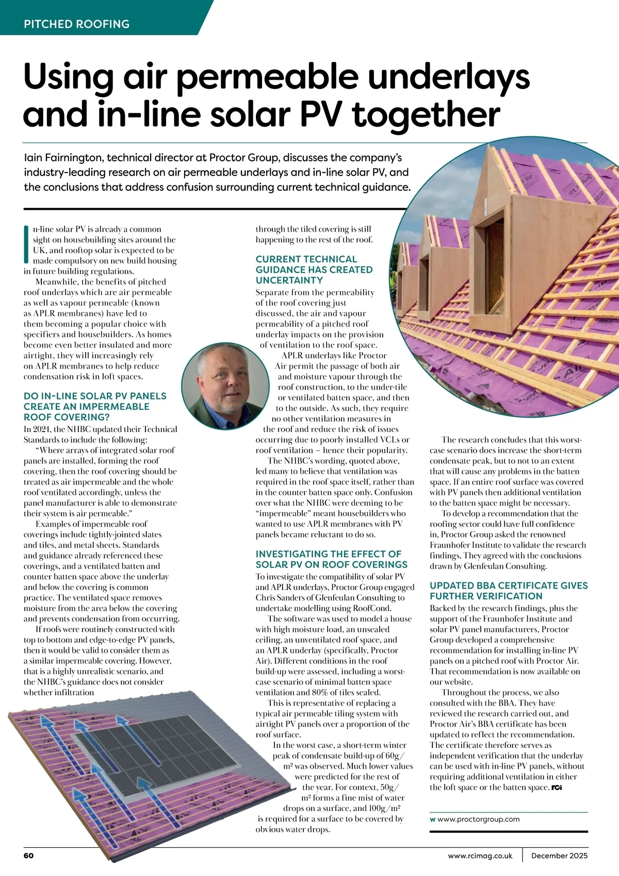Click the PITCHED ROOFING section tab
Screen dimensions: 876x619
[x=76, y=24]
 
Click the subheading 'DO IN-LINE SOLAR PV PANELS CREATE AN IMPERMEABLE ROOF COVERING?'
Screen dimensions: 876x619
[x=95, y=406]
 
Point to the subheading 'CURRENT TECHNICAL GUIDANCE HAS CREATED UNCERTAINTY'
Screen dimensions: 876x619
[x=314, y=269]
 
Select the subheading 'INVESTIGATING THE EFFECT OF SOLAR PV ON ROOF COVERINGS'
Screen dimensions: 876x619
[x=331, y=559]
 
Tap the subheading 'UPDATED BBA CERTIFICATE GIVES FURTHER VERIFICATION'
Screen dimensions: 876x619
[x=509, y=591]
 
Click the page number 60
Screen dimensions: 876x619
[x=28, y=855]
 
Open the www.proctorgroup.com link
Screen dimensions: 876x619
[x=478, y=819]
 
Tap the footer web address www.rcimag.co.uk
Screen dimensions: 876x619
[x=480, y=855]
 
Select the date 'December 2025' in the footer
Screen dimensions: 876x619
[x=559, y=855]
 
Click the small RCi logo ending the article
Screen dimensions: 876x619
[x=557, y=787]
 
